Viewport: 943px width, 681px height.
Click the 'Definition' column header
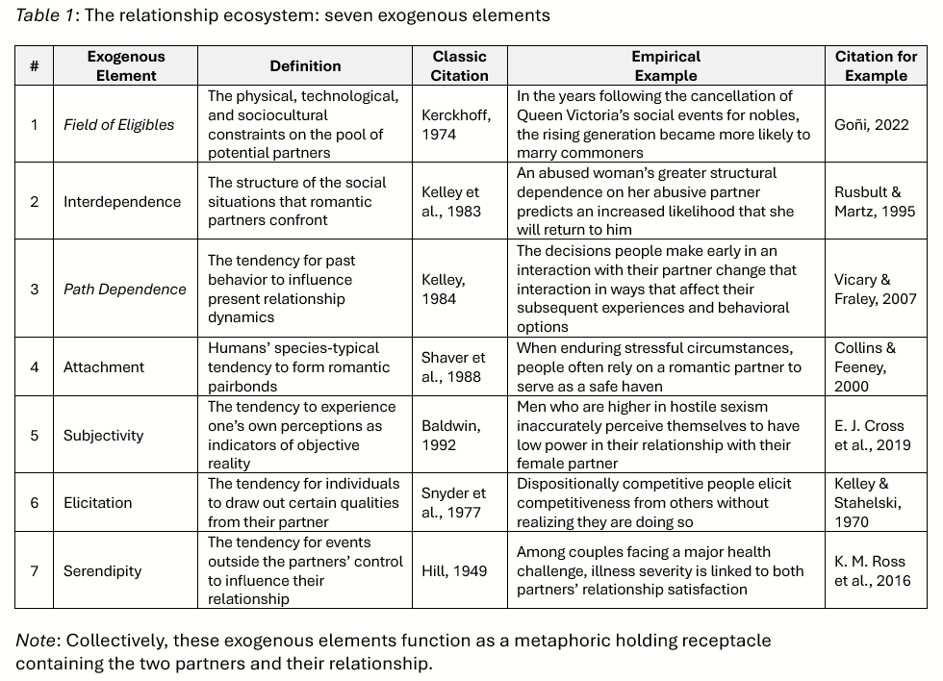pos(305,66)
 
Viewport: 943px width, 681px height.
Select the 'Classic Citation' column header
pos(459,66)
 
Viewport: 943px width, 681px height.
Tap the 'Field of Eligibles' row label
pos(119,124)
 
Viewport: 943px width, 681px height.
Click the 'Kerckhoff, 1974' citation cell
pos(456,124)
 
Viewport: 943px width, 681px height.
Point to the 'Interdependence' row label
pos(122,201)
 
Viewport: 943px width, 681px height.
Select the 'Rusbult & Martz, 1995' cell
pos(876,201)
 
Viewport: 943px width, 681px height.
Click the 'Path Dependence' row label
pos(125,289)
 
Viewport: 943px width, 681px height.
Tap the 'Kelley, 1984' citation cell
pos(444,289)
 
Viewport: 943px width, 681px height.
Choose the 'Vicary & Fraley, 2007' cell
pos(876,289)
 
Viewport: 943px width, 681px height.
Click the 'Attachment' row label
pos(104,366)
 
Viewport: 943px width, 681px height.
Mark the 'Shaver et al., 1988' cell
pos(453,366)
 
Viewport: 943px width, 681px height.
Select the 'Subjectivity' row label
pos(103,435)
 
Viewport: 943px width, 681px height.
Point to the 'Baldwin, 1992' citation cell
pos(451,435)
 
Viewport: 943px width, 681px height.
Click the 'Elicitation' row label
pos(98,502)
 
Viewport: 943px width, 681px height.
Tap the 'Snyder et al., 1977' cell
pos(453,502)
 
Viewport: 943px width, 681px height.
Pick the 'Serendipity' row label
pos(102,570)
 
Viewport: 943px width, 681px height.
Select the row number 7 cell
pos(35,570)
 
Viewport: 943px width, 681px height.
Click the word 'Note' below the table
pos(35,641)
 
